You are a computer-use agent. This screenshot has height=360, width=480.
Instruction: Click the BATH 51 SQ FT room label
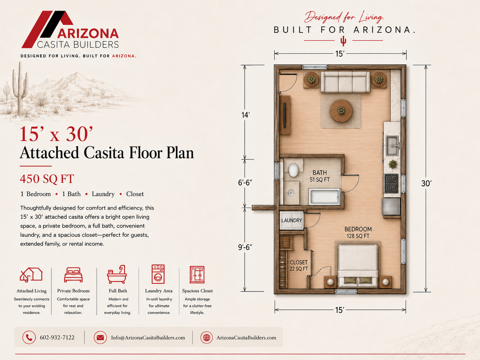coord(320,176)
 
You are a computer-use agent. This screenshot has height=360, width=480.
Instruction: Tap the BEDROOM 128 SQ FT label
coord(358,233)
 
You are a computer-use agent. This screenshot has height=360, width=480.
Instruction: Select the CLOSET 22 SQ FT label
coord(299,266)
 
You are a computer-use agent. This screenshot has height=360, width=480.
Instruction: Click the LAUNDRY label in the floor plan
coord(291,220)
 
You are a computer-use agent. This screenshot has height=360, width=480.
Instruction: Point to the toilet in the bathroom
coord(293,170)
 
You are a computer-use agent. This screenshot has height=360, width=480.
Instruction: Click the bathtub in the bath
coord(325,197)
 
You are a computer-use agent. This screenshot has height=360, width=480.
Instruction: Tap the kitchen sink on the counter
coord(392,145)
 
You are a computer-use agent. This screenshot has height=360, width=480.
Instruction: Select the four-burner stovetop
coord(391,183)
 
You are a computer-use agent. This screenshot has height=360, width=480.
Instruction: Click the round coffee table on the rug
coord(341,111)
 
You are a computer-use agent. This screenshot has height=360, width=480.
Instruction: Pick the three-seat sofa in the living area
coord(345,82)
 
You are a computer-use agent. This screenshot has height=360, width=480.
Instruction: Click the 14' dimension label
coord(245,115)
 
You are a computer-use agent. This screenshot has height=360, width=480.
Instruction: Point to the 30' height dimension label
coord(426,183)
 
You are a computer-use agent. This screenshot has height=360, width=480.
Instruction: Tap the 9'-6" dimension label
coord(245,247)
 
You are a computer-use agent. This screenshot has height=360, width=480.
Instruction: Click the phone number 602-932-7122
coord(57,337)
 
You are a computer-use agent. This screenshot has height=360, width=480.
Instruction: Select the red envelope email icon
coord(100,337)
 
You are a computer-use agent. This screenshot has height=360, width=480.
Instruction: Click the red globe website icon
coord(207,337)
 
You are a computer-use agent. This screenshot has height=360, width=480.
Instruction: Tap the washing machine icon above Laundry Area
coord(158,274)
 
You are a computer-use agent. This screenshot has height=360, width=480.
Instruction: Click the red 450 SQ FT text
coord(47,179)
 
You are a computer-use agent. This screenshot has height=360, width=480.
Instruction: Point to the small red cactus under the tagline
coord(343,41)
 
